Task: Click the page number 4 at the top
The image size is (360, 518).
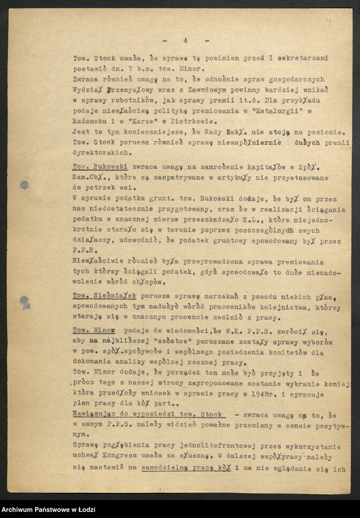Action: pyautogui.click(x=184, y=40)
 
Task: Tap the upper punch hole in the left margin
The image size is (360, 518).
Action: pyautogui.click(x=24, y=184)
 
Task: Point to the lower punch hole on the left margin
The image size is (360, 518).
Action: pyautogui.click(x=25, y=302)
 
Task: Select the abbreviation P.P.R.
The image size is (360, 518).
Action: pyautogui.click(x=84, y=250)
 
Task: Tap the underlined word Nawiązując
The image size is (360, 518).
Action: pyautogui.click(x=98, y=414)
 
